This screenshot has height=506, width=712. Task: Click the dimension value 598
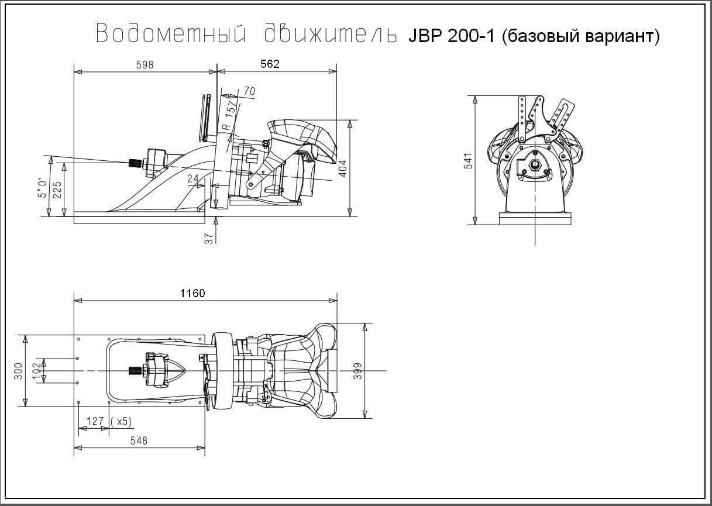pyautogui.click(x=145, y=65)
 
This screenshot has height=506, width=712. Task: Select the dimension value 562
pyautogui.click(x=270, y=64)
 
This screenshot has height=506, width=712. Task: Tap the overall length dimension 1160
pyautogui.click(x=192, y=293)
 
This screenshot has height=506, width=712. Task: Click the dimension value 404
pyautogui.click(x=343, y=168)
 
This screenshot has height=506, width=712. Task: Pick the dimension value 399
pyautogui.click(x=358, y=371)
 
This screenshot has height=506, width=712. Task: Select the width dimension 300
pyautogui.click(x=18, y=371)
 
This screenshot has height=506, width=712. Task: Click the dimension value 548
pyautogui.click(x=139, y=441)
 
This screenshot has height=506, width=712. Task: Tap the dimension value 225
pyautogui.click(x=57, y=190)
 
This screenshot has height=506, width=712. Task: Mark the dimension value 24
pyautogui.click(x=193, y=178)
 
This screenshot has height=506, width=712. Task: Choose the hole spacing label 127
pyautogui.click(x=94, y=421)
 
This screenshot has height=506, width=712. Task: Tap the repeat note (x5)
pyautogui.click(x=121, y=421)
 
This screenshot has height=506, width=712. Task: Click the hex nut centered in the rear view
pyautogui.click(x=534, y=166)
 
